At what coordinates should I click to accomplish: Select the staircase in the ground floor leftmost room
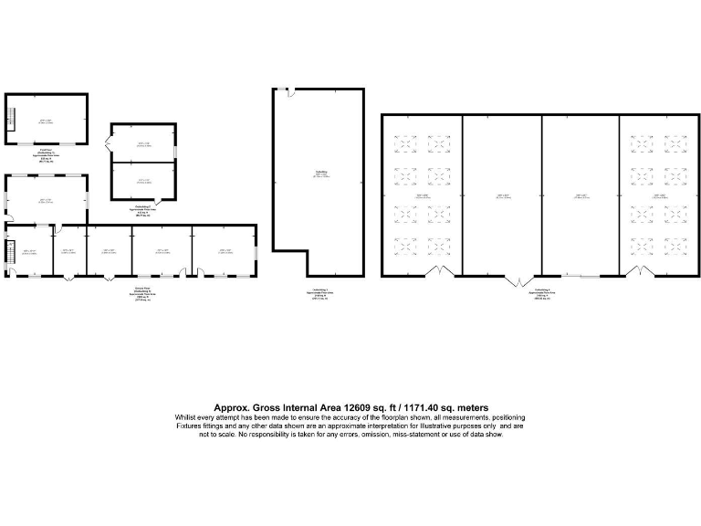click(11, 251)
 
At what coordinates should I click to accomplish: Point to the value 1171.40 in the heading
click(433, 407)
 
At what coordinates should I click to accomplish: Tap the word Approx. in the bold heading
click(231, 407)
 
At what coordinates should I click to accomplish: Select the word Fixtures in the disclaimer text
click(188, 426)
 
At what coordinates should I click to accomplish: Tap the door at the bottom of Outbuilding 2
click(159, 201)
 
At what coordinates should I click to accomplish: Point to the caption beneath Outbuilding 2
click(143, 212)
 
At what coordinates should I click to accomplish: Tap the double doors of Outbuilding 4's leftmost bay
click(440, 272)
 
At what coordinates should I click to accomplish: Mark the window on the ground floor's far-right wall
click(256, 251)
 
